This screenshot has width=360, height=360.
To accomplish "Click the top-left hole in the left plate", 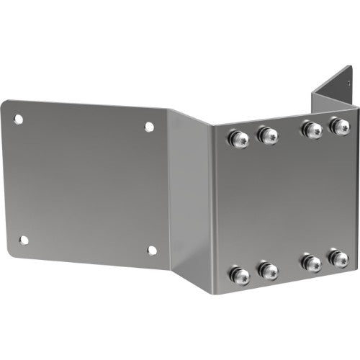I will coord(19,119).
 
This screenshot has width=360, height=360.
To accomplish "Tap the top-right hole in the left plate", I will coord(149,127).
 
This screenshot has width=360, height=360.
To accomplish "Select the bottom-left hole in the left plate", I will coord(23,240).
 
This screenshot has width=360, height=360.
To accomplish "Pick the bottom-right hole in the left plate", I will coord(151,251).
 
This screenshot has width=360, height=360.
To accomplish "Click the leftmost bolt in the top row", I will coord(238,138).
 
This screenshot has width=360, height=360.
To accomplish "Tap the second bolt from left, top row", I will coord(267,135).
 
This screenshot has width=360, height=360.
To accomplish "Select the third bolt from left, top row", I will coord(312,130).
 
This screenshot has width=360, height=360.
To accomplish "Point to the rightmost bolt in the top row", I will coord(339,127).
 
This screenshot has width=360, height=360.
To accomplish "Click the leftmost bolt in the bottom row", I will coord(238,274).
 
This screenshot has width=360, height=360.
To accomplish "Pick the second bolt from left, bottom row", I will coord(267,271).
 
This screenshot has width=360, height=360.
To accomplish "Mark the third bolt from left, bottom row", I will coord(312,263).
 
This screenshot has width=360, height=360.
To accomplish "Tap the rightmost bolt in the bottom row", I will coord(338,258).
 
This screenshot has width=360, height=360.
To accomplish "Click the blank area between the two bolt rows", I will coord(288,202).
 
